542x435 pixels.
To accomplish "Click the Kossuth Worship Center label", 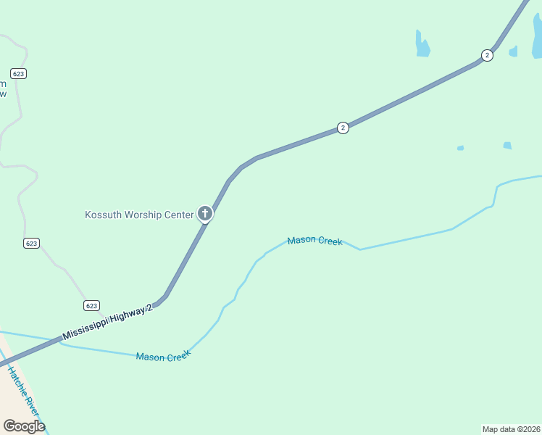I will pyautogui.click(x=139, y=215).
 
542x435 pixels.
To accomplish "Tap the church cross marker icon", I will pyautogui.click(x=205, y=214).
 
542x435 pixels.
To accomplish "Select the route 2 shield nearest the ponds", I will pyautogui.click(x=487, y=55).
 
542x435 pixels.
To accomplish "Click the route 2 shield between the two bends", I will pyautogui.click(x=343, y=128).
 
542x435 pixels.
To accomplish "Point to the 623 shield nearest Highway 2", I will pyautogui.click(x=91, y=305).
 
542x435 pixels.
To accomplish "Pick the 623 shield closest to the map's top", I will pyautogui.click(x=19, y=73).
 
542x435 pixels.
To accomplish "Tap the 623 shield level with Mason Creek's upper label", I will pyautogui.click(x=30, y=243).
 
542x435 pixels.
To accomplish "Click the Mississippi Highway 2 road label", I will pyautogui.click(x=108, y=323).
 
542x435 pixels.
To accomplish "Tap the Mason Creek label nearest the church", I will pyautogui.click(x=314, y=241).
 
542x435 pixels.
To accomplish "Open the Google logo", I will pyautogui.click(x=24, y=426).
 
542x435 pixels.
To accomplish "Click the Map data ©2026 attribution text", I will pyautogui.click(x=512, y=429).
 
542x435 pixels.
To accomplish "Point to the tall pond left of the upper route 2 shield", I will pyautogui.click(x=422, y=44).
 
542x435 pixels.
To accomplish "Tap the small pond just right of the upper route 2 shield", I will pyautogui.click(x=514, y=51).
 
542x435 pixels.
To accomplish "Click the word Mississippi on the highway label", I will pyautogui.click(x=86, y=330).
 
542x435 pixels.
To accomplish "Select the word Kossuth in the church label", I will pyautogui.click(x=103, y=215).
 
